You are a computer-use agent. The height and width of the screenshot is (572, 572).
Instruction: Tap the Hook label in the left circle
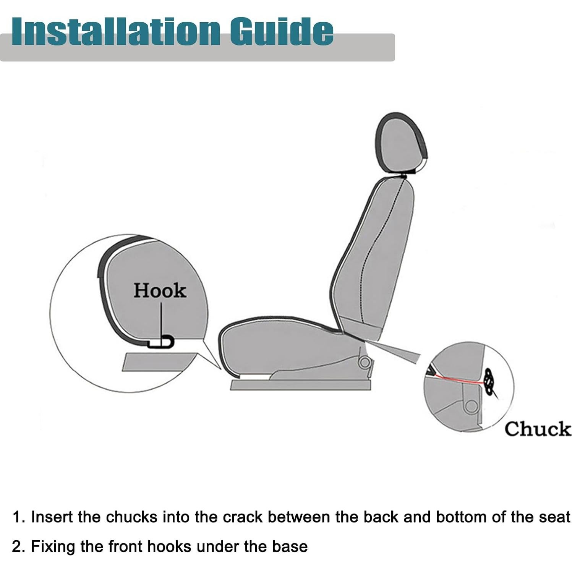coord(160,291)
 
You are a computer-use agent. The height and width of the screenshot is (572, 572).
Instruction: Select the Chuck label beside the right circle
coord(538,429)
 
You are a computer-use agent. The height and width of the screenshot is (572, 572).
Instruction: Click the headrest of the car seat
coord(401,145)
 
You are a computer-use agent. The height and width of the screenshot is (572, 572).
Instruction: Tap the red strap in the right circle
coord(459,380)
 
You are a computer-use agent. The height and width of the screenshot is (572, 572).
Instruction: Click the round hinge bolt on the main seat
coord(364,362)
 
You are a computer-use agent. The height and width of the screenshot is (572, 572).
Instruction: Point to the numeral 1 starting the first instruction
coord(17,517)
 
